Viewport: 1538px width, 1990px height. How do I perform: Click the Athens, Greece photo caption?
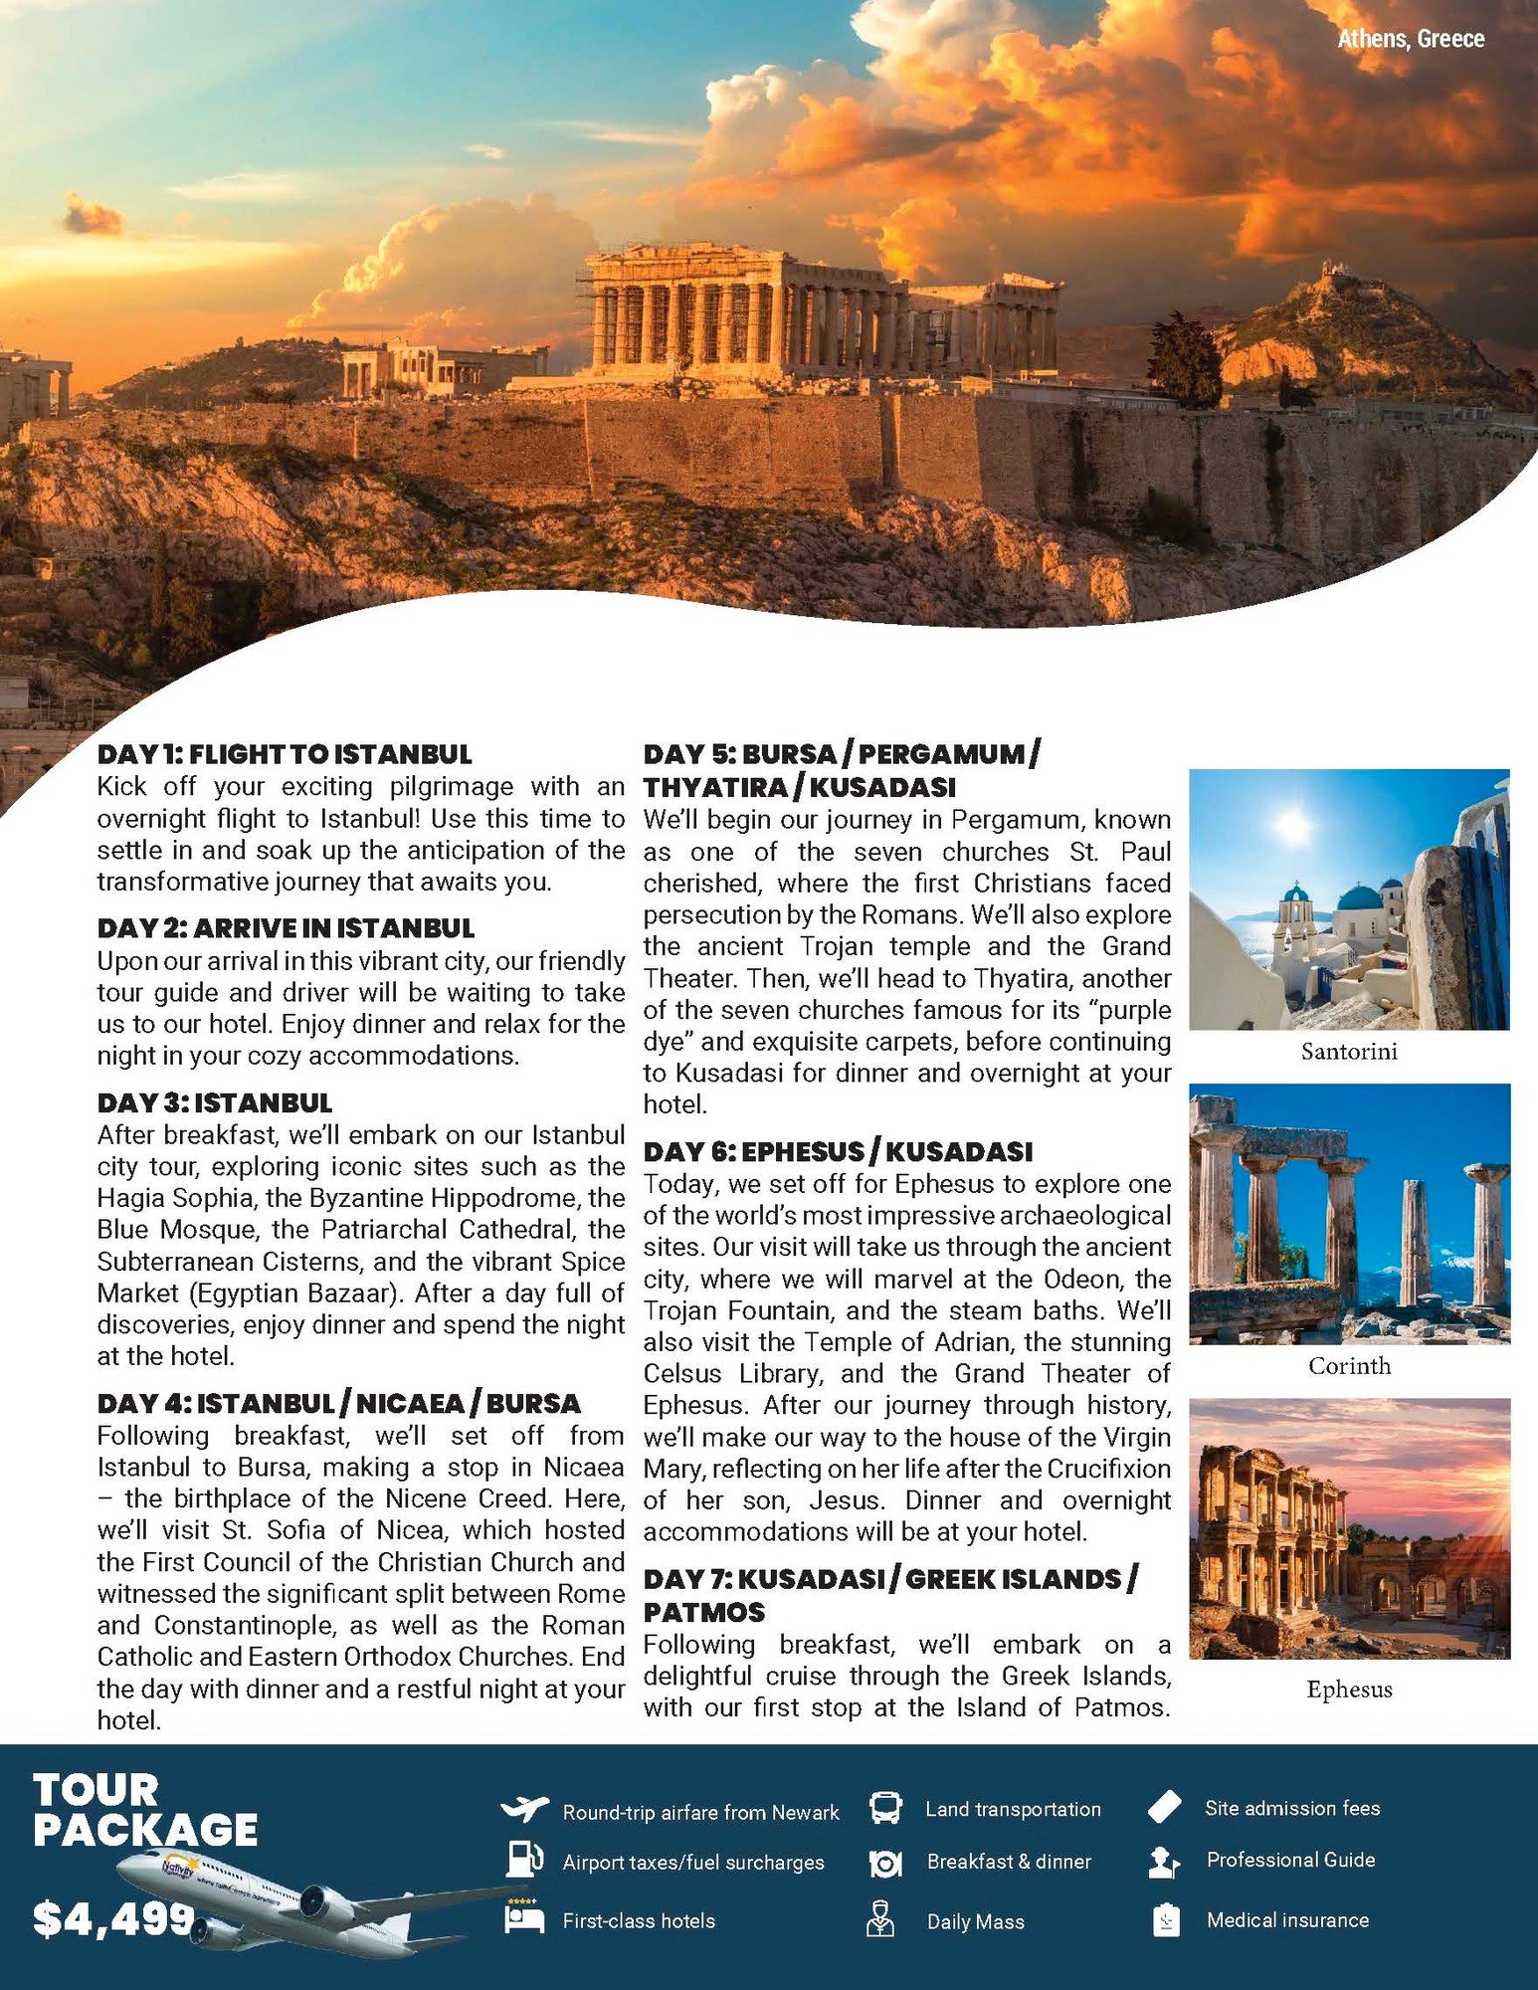click(1410, 39)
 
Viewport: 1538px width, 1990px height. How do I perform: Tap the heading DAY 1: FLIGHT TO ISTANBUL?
click(285, 754)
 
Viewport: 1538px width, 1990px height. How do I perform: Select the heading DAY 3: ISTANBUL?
click(215, 1102)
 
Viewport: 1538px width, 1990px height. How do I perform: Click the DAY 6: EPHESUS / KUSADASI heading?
click(838, 1151)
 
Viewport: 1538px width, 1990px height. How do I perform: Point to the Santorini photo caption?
click(1349, 1051)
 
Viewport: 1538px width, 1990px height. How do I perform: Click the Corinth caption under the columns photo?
click(1349, 1366)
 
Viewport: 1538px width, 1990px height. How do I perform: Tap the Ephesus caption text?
click(1349, 1689)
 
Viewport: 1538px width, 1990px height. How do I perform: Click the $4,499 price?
click(112, 1918)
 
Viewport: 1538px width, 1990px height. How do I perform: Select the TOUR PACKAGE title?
click(144, 1810)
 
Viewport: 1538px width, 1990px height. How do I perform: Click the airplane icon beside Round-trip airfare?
click(524, 1808)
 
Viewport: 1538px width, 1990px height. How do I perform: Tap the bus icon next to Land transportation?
click(884, 1807)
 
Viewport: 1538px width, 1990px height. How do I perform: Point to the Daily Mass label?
click(975, 1921)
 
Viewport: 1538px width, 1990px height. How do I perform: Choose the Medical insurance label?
click(1287, 1919)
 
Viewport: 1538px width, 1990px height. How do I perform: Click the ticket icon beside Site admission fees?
click(1164, 1807)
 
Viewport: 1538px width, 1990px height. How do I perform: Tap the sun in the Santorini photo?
click(1293, 825)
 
